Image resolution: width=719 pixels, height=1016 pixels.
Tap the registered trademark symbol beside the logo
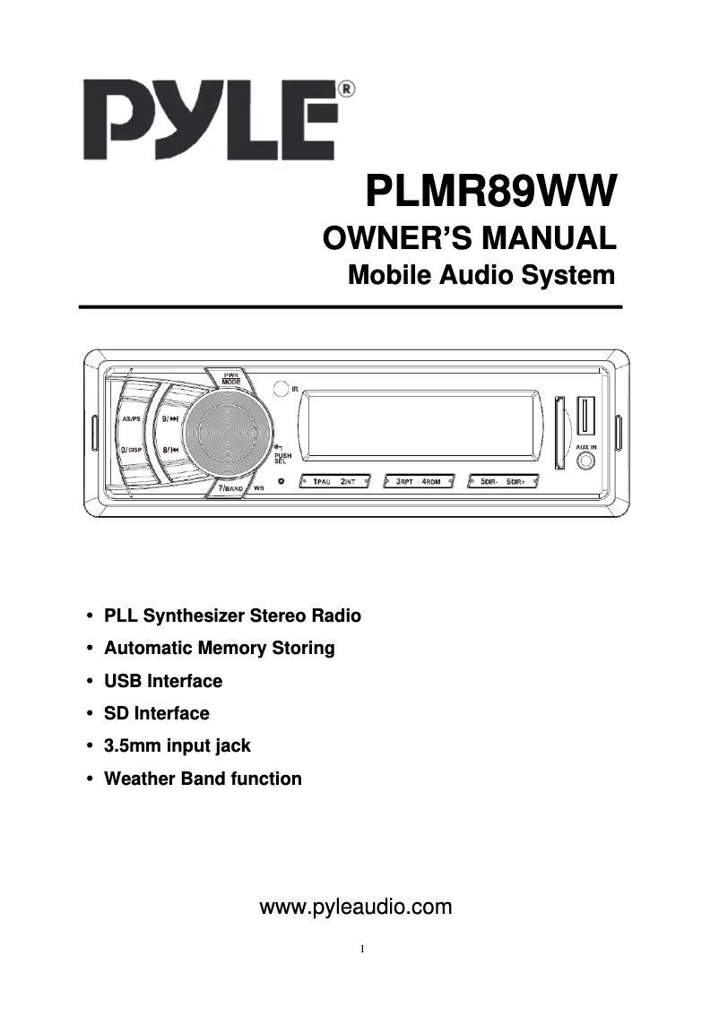click(x=346, y=89)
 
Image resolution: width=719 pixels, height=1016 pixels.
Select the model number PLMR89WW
click(x=491, y=192)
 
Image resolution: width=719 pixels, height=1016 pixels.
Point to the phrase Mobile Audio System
click(x=481, y=275)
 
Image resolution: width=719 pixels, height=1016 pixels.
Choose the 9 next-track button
click(x=170, y=418)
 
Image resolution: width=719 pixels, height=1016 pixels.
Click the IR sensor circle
click(x=282, y=389)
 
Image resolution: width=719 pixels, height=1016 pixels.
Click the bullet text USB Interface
click(x=163, y=681)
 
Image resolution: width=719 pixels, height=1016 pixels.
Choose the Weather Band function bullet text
click(x=203, y=779)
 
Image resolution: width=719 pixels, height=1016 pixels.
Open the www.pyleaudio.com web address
click(x=355, y=908)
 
